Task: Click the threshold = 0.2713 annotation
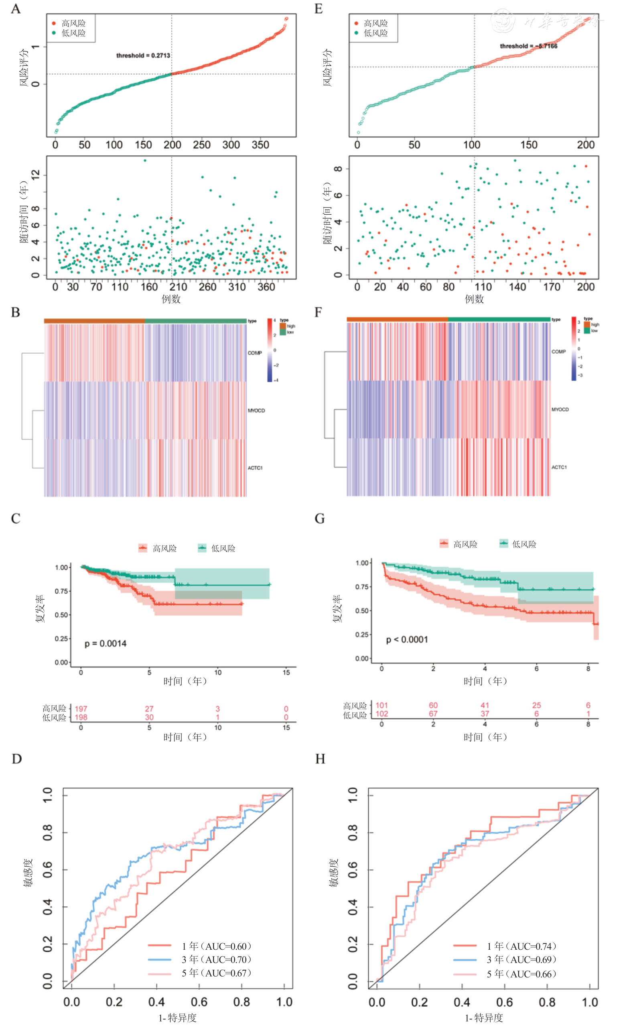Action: [143, 55]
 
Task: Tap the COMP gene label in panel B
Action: [254, 353]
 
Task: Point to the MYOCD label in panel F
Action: [560, 409]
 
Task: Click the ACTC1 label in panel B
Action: [255, 468]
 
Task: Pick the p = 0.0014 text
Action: [106, 643]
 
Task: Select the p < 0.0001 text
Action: [407, 640]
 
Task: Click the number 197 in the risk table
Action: [81, 708]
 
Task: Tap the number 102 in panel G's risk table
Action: [382, 714]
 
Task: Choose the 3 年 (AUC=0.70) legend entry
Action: [216, 959]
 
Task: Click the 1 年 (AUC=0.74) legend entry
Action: [522, 946]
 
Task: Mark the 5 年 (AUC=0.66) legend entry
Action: [522, 973]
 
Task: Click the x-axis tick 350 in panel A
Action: [260, 145]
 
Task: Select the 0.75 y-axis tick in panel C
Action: [61, 591]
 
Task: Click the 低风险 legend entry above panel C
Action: [223, 548]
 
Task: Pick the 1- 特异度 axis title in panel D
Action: [177, 1018]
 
